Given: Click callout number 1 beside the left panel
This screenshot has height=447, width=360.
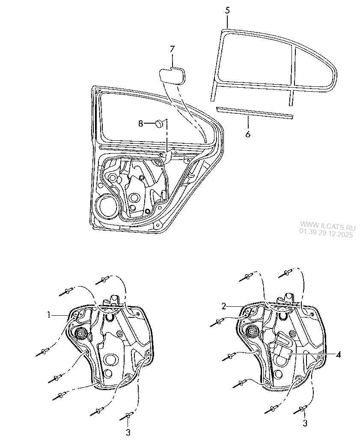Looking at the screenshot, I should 50,315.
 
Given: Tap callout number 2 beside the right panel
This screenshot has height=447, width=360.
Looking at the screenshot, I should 223,306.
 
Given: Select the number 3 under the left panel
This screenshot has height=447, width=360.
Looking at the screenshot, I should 128,432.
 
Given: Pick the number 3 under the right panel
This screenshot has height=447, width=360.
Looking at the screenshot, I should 305,423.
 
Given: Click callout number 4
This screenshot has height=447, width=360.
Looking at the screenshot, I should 338,355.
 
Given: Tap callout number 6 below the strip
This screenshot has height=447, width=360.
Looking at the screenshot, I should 248,134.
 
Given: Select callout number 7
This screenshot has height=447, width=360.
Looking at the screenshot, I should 172,49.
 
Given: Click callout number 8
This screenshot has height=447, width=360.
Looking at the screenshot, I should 140,124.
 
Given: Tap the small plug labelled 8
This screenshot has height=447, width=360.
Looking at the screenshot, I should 159,123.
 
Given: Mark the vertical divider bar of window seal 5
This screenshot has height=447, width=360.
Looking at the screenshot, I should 293,68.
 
